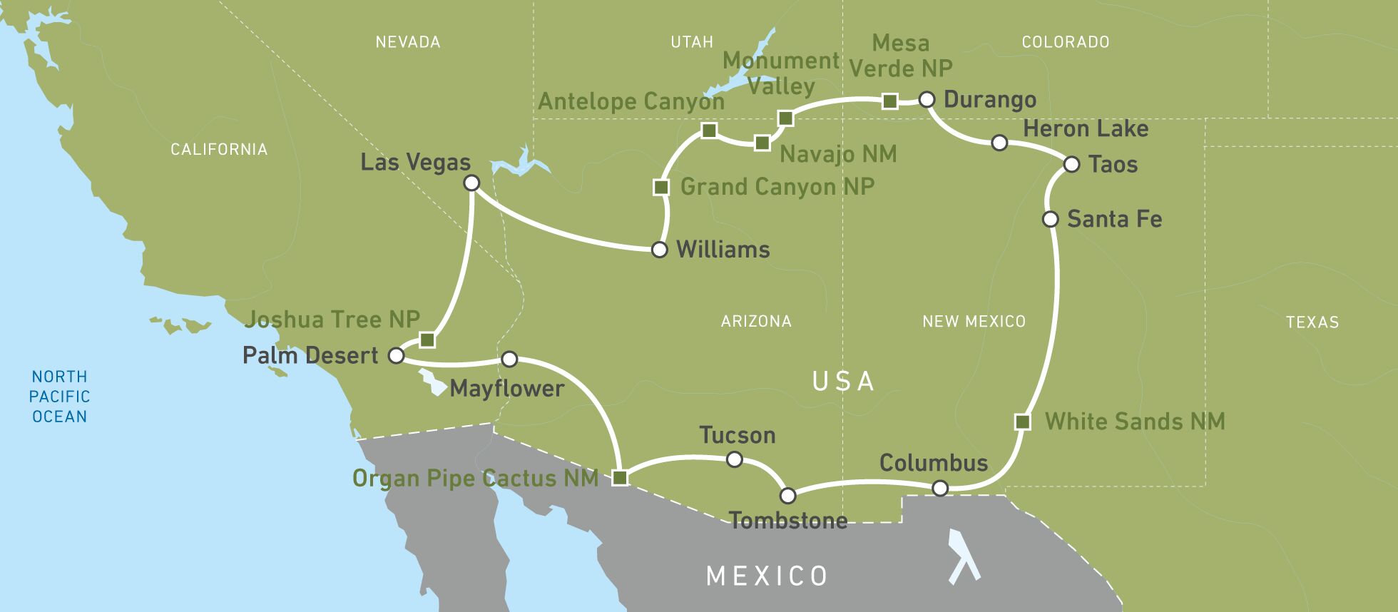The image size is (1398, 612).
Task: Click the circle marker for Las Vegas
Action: click(471, 183)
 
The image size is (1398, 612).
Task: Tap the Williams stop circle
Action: click(660, 250)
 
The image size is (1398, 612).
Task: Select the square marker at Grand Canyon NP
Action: click(661, 188)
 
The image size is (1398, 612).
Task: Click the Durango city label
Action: click(989, 99)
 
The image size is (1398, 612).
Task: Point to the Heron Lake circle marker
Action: click(999, 143)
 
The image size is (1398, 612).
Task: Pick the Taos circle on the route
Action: click(1071, 165)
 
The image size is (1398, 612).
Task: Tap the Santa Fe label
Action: click(1114, 219)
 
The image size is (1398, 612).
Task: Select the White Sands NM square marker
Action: click(1022, 422)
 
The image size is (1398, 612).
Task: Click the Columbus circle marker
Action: click(940, 488)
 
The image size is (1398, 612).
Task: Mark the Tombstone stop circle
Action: click(787, 495)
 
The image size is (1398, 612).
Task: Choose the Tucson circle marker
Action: click(734, 460)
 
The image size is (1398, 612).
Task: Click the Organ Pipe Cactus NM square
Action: click(620, 478)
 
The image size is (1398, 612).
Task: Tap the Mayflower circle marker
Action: click(509, 359)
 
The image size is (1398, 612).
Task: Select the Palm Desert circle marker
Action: click(396, 355)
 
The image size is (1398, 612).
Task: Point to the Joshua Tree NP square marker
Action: click(427, 340)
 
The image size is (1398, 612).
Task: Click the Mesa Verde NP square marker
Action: click(889, 101)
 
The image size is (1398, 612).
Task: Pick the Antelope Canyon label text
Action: click(631, 101)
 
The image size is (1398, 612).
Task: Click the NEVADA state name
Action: click(407, 42)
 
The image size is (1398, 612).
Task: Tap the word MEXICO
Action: click(767, 575)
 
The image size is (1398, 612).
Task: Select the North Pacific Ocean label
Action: click(60, 396)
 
